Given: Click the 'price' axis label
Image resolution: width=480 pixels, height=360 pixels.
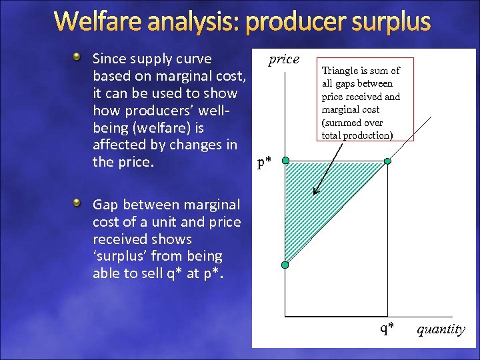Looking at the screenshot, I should tap(284, 59).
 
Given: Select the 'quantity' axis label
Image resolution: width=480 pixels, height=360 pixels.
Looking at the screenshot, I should tap(441, 329).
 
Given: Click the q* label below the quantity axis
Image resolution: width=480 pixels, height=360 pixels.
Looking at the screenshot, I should tap(387, 327).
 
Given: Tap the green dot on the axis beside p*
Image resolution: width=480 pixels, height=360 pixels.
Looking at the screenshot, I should tap(285, 161).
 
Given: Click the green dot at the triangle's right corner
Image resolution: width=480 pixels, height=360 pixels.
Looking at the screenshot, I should tap(387, 161).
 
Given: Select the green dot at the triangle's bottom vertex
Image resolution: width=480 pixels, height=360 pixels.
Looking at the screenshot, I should tap(285, 265).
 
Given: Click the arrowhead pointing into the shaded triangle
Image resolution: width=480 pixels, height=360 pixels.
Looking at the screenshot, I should tap(317, 191).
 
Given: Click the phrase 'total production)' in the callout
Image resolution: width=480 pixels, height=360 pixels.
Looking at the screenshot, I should tap(357, 135).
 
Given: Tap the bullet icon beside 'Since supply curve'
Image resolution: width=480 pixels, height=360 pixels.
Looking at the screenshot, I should tap(79, 57).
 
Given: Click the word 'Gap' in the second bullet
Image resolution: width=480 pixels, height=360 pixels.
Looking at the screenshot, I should tap(105, 204).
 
